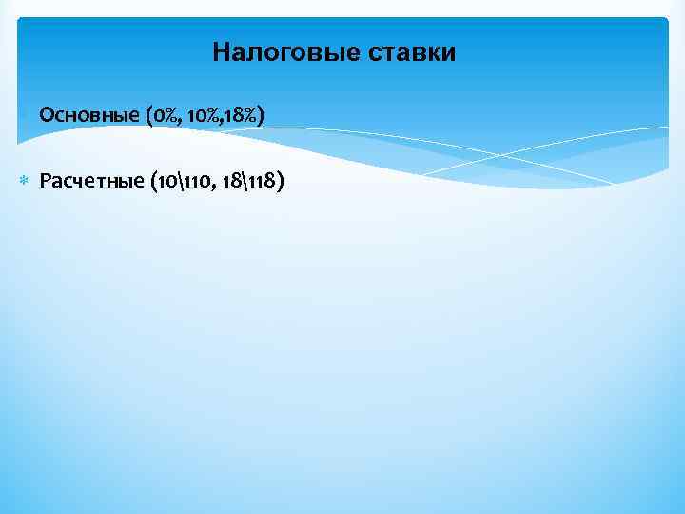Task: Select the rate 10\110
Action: click(185, 181)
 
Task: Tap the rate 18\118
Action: click(249, 181)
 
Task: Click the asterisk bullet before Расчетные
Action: click(26, 181)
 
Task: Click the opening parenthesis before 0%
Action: click(151, 116)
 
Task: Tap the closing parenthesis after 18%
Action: click(261, 116)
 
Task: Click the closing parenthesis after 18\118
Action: click(280, 181)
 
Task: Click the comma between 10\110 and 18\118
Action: click(216, 185)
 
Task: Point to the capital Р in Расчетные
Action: click(45, 181)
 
